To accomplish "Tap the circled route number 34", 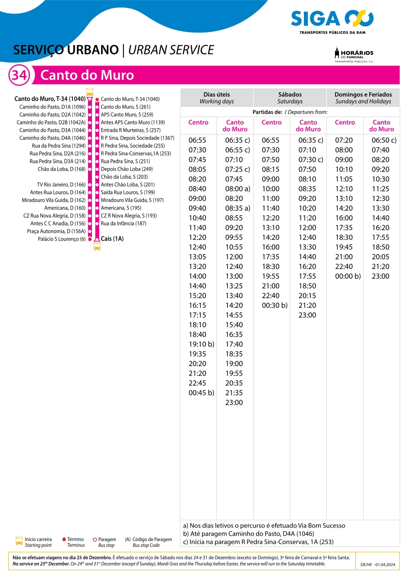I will pos(19,76).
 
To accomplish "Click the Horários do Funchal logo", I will pos(354,54).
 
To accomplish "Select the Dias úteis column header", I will pos(216,98).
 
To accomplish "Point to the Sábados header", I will pos(290,98).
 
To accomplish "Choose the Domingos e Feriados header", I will pos(363,98).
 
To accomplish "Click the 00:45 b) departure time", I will pos(201,393).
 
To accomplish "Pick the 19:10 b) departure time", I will pos(201,344).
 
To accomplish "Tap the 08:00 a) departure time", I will pos(237,189).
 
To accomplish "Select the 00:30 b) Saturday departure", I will pos(274,306).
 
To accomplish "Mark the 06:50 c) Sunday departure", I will pos(384,140).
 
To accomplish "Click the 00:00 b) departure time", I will pos(348,276).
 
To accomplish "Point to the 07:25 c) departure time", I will pos(237,170).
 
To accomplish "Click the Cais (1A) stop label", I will pos(112,239).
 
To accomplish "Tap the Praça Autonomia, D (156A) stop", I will pos(56,231).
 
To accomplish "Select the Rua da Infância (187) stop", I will pos(124,223).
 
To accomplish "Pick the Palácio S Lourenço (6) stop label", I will pos(62,239).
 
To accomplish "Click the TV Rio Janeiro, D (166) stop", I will pos(61,185).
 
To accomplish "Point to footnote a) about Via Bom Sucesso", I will pos(264,526).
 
